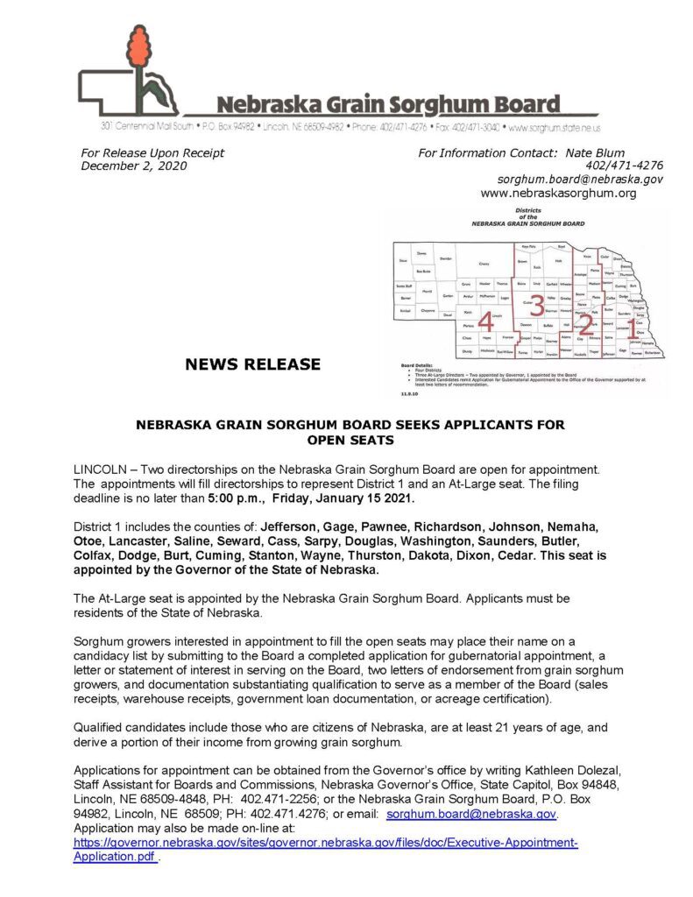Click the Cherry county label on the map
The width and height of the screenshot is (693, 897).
coord(483,263)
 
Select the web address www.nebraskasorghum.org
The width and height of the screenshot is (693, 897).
coord(559,193)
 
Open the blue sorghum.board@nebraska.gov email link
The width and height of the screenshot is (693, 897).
coord(471,814)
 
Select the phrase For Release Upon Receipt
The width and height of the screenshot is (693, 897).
coord(152,152)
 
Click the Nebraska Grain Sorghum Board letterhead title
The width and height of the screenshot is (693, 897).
coord(388,105)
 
